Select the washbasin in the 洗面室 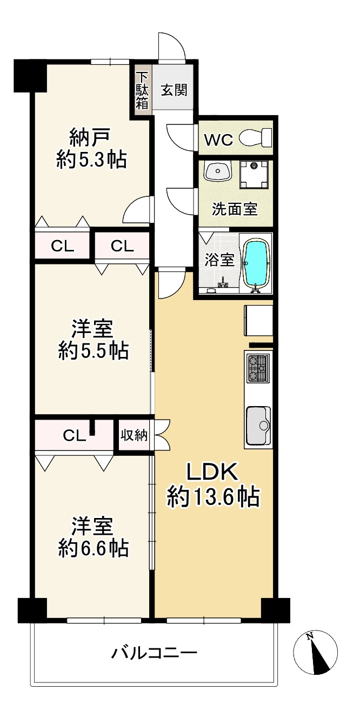coord(217,171)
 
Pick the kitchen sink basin coord(258,426)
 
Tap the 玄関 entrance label coord(174,90)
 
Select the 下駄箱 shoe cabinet coord(142,91)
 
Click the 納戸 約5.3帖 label coord(91,148)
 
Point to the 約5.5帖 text coord(93,350)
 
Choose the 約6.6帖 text coord(93,548)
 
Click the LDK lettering coord(212,472)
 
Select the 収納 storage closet coord(134,435)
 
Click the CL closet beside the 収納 coord(74,435)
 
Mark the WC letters coord(218,140)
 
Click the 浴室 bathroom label coord(219,260)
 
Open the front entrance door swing coord(172,46)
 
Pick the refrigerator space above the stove coord(258,321)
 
